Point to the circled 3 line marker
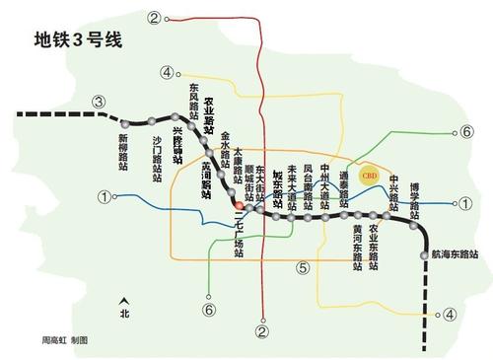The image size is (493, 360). point(99,102)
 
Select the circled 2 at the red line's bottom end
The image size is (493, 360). point(261,332)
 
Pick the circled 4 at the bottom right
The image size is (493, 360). point(449,315)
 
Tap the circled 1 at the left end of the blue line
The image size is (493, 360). point(104,197)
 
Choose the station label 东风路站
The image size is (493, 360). point(194,102)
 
